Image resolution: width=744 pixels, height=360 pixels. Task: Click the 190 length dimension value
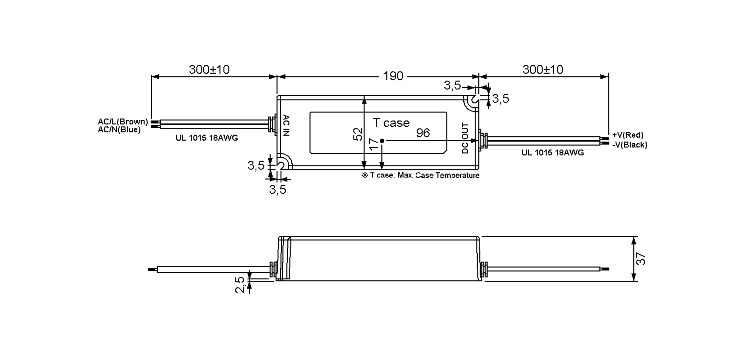pyautogui.click(x=393, y=76)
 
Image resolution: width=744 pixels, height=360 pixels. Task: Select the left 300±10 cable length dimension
pyautogui.click(x=209, y=70)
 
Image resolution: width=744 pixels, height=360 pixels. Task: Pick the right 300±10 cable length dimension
pyautogui.click(x=542, y=70)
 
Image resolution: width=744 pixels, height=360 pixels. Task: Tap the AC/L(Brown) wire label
pyautogui.click(x=123, y=121)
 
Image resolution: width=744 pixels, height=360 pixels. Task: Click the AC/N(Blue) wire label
pyautogui.click(x=119, y=130)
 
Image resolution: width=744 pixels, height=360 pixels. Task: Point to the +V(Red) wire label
pyautogui.click(x=628, y=135)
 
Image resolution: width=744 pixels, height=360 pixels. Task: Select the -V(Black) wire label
pyautogui.click(x=630, y=145)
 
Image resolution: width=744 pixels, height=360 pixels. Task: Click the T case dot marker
pyautogui.click(x=382, y=141)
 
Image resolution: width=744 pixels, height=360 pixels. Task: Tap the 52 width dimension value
pyautogui.click(x=358, y=134)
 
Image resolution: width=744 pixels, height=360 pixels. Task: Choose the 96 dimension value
pyautogui.click(x=423, y=133)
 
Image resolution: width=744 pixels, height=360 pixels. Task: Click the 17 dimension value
pyautogui.click(x=374, y=144)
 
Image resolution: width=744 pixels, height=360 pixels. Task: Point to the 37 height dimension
pyautogui.click(x=641, y=259)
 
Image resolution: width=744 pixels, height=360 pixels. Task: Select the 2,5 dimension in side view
pyautogui.click(x=240, y=285)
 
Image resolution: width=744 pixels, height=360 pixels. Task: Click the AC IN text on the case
pyautogui.click(x=286, y=125)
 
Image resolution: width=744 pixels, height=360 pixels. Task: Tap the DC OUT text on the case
pyautogui.click(x=465, y=138)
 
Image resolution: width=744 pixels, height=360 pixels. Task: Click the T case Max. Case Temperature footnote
pyautogui.click(x=420, y=175)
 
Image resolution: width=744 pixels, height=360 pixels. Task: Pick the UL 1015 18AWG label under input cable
pyautogui.click(x=207, y=138)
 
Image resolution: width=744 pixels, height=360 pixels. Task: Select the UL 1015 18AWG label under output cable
pyautogui.click(x=552, y=153)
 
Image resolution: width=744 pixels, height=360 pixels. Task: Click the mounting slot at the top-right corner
pyautogui.click(x=474, y=100)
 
